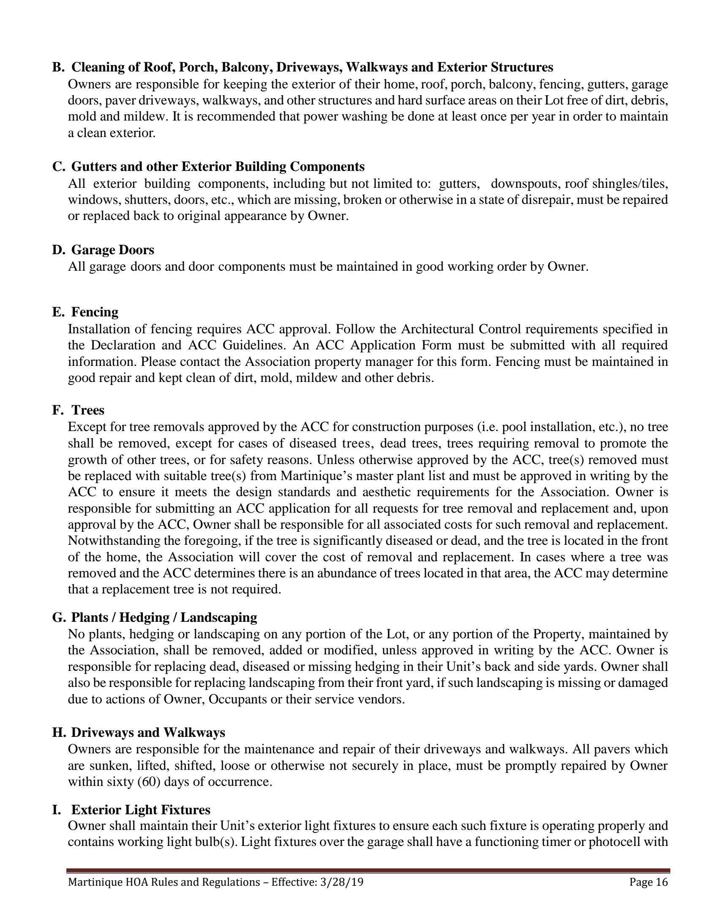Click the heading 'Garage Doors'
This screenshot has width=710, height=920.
(x=112, y=250)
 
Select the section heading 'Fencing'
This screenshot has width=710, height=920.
(x=95, y=312)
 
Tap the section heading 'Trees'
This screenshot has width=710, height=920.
(x=88, y=410)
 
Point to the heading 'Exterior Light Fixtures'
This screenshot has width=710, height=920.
(x=141, y=810)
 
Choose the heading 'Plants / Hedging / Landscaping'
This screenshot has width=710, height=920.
(x=164, y=618)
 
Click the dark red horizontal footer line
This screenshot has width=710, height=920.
(x=368, y=870)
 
